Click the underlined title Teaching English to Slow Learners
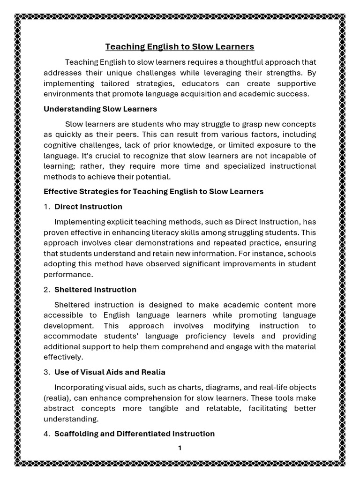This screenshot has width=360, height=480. tap(180, 46)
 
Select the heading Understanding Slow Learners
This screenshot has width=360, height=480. tap(100, 109)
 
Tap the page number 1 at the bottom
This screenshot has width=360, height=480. tap(180, 448)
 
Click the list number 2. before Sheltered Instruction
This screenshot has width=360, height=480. tap(46, 289)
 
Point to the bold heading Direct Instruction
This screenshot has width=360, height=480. tap(88, 206)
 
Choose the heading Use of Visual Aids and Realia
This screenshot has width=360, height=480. tap(110, 372)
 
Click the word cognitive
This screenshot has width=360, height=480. tap(60, 145)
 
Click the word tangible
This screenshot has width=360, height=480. tap(162, 408)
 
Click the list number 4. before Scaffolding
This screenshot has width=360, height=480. tap(46, 434)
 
